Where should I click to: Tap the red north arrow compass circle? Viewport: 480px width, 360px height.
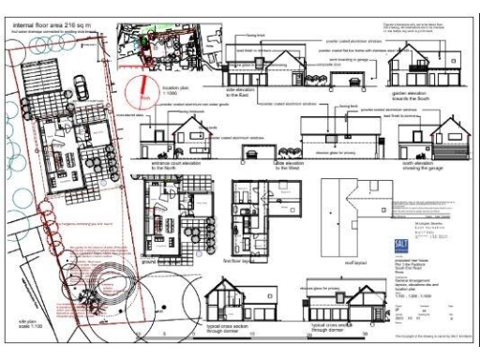click(x=143, y=92)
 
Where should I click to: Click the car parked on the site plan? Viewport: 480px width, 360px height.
click(x=82, y=87)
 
